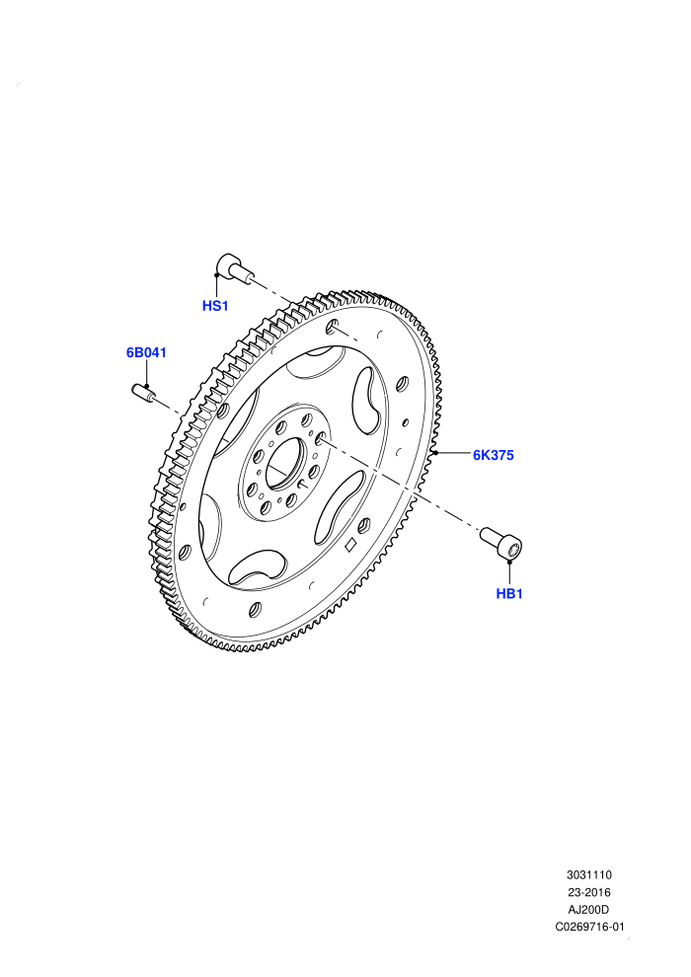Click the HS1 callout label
[x=215, y=306]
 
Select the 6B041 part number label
[x=146, y=352]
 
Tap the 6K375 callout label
[x=494, y=456]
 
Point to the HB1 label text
[x=509, y=594]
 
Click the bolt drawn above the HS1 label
[x=234, y=269]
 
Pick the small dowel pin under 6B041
[x=143, y=393]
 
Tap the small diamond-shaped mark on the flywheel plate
[x=350, y=545]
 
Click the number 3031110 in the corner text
[x=588, y=874]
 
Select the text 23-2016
[x=588, y=892]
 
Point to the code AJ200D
[x=588, y=910]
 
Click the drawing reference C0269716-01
[x=589, y=927]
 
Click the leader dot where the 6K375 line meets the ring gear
[x=436, y=452]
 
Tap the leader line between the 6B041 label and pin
[x=146, y=373]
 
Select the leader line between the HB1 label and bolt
[x=509, y=574]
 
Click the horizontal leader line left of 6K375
[x=454, y=453]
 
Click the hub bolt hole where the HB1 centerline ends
[x=319, y=438]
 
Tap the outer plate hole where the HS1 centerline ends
[x=333, y=326]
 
